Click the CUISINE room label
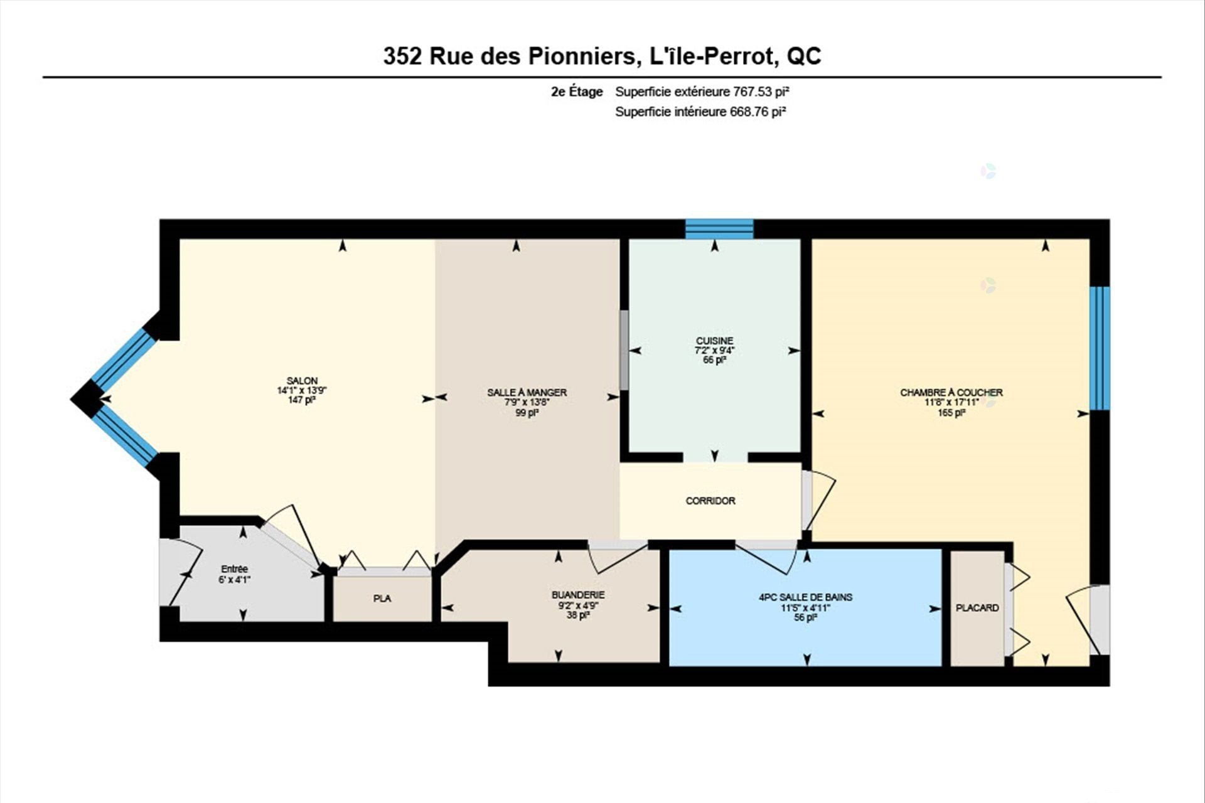point(714,341)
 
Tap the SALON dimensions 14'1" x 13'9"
point(302,390)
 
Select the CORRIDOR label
point(710,501)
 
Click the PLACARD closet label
point(977,608)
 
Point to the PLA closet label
point(382,598)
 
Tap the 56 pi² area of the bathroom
point(805,617)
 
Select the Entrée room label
point(234,569)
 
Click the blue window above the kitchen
point(719,229)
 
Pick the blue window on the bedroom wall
point(1100,348)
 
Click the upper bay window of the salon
point(124,360)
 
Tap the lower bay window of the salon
point(125,435)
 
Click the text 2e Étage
point(577,92)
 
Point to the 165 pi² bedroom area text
point(951,413)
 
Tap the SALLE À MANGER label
point(527,393)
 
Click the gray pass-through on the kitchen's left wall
point(624,350)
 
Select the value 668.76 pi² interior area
point(758,112)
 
